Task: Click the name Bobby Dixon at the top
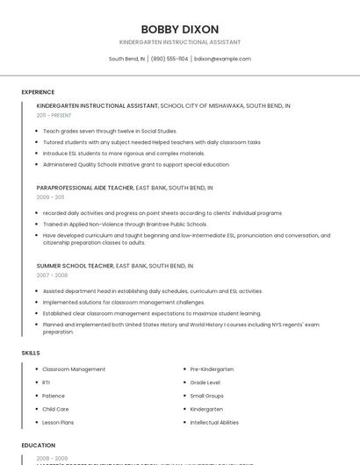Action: click(x=180, y=29)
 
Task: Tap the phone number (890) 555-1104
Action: click(x=169, y=59)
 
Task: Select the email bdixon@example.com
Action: click(x=222, y=59)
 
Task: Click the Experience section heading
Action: click(x=38, y=92)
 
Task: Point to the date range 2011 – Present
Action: click(x=54, y=115)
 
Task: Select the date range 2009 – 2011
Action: click(x=50, y=197)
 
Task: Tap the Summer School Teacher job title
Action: click(x=75, y=265)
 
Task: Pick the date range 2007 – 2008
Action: click(x=52, y=275)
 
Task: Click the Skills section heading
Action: click(x=31, y=353)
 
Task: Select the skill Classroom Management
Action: click(x=74, y=369)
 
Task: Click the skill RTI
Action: click(x=47, y=383)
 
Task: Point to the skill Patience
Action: click(x=54, y=396)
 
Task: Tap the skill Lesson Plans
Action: click(x=58, y=422)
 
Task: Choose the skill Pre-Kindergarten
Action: click(x=212, y=369)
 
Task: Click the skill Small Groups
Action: click(x=207, y=396)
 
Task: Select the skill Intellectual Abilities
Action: click(x=214, y=422)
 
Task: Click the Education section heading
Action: click(x=39, y=446)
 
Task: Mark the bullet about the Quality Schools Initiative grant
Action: click(x=136, y=164)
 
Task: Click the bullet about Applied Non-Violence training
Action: click(x=125, y=224)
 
